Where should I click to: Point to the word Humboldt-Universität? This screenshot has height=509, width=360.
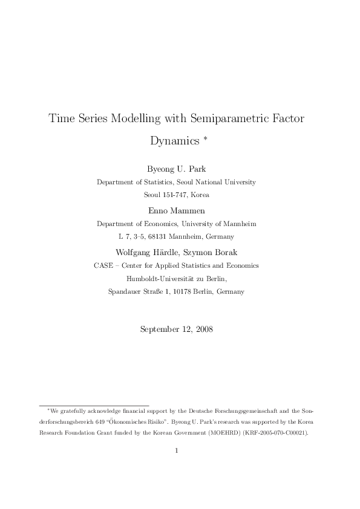point(159,279)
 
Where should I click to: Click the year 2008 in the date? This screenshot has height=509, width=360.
point(202,329)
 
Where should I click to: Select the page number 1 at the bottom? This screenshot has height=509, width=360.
point(176,450)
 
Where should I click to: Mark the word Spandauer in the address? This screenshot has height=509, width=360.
point(126,291)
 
